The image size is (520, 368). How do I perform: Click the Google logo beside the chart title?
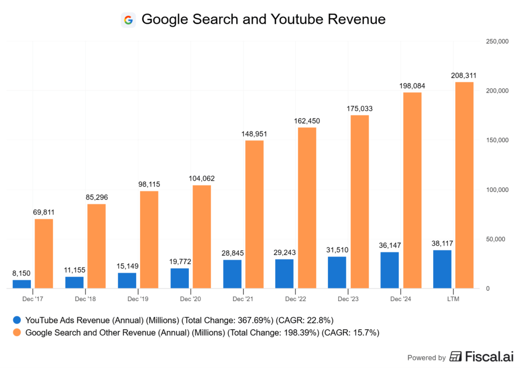point(128,20)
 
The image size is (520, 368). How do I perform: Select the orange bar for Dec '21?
point(254,214)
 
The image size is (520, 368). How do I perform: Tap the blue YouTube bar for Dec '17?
point(22,284)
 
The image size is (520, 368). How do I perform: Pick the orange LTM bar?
point(464,185)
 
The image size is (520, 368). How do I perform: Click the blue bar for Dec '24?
point(389,270)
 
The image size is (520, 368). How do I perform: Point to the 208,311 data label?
point(464,76)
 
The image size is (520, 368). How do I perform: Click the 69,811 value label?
point(44,212)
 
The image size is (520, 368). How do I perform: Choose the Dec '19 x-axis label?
point(138,299)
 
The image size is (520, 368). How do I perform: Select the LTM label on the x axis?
point(453,299)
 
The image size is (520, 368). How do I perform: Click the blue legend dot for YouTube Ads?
point(17,320)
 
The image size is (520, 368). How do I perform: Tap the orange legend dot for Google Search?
point(17,333)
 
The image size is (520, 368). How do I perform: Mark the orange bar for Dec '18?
point(96,246)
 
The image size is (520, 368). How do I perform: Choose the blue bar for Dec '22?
point(284,274)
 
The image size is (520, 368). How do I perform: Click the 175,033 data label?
point(360,109)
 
